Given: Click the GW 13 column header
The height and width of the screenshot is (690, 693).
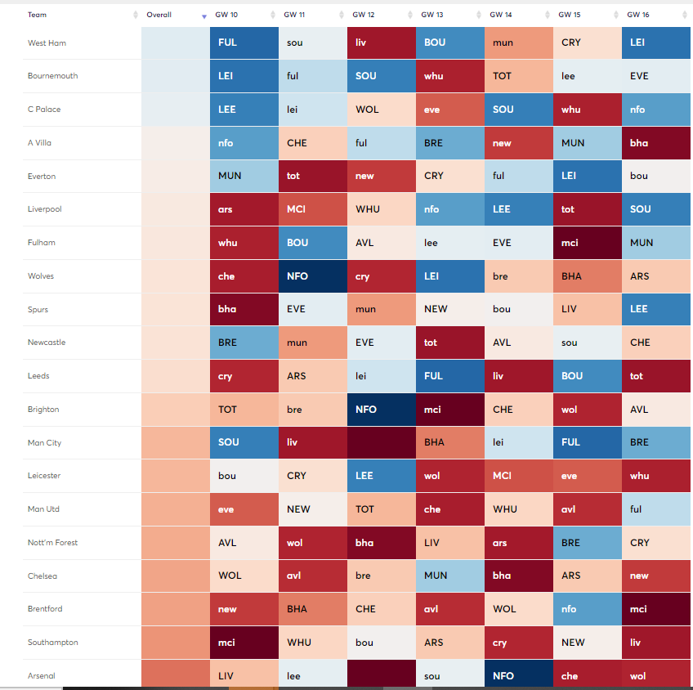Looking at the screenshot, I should click(x=432, y=16).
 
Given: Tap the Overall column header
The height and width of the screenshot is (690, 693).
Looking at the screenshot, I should click(x=159, y=16).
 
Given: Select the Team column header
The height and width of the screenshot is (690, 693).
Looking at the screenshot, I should click(x=37, y=16).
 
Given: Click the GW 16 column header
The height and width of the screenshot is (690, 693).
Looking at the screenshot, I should click(x=638, y=16).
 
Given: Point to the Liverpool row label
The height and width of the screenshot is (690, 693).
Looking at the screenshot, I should click(x=45, y=209).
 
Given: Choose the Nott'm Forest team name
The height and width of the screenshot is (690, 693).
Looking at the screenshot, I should click(x=52, y=543).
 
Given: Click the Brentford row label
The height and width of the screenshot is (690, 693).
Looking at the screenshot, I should click(x=45, y=609).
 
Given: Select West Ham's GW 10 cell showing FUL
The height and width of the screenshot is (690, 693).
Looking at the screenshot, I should click(x=244, y=43).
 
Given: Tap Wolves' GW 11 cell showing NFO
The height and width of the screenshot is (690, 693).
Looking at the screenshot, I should click(x=312, y=276).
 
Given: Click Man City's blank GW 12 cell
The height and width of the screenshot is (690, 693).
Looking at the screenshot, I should click(x=381, y=442).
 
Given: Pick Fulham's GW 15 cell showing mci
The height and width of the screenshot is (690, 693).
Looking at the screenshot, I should click(x=587, y=243).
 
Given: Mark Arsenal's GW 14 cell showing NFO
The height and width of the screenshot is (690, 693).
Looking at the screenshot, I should click(x=518, y=675).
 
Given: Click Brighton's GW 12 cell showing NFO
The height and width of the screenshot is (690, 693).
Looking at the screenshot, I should click(x=381, y=410).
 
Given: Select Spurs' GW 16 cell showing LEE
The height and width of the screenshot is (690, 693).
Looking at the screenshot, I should click(x=655, y=309).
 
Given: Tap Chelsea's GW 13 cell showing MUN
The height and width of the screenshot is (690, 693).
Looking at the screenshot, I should click(x=449, y=576).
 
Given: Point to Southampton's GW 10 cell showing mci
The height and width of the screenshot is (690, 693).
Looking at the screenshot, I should click(x=244, y=643).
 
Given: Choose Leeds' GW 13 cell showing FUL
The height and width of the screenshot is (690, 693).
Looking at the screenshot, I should click(x=449, y=376).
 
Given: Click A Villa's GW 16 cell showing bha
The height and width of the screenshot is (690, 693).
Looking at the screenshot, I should click(x=655, y=143).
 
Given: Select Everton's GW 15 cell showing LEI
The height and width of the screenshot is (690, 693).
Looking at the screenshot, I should click(x=587, y=176).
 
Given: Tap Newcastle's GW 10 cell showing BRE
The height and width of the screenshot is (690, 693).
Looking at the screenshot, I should click(x=244, y=343).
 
